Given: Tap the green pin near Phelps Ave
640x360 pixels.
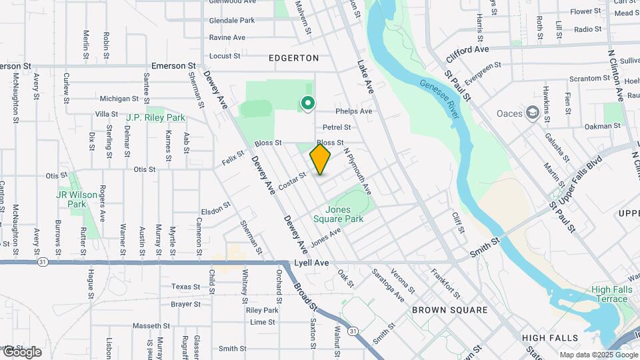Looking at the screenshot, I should pyautogui.click(x=307, y=103).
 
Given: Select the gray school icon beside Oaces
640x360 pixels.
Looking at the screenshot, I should pyautogui.click(x=532, y=113).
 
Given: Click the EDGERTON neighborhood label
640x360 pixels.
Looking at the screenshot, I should pyautogui.click(x=294, y=58).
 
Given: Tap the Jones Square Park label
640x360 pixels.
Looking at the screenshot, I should pyautogui.click(x=339, y=214).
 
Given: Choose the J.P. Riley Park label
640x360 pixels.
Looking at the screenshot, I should pyautogui.click(x=155, y=117).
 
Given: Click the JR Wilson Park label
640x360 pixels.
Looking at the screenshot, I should pyautogui.click(x=71, y=199).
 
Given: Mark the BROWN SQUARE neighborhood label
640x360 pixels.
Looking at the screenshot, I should pyautogui.click(x=449, y=310).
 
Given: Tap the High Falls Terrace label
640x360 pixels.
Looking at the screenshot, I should pyautogui.click(x=609, y=294).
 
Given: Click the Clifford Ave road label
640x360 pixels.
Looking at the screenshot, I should pyautogui.click(x=468, y=50).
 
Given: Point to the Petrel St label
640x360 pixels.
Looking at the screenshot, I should pyautogui.click(x=337, y=127).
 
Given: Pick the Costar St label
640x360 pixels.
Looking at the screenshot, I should pyautogui.click(x=292, y=181).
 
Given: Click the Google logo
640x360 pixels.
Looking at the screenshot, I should pyautogui.click(x=21, y=352).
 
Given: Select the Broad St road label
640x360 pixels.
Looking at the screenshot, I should pyautogui.click(x=304, y=297).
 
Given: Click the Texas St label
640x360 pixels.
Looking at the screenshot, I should pyautogui.click(x=185, y=287).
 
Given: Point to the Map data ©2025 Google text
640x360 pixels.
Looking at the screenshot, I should pyautogui.click(x=599, y=355).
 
